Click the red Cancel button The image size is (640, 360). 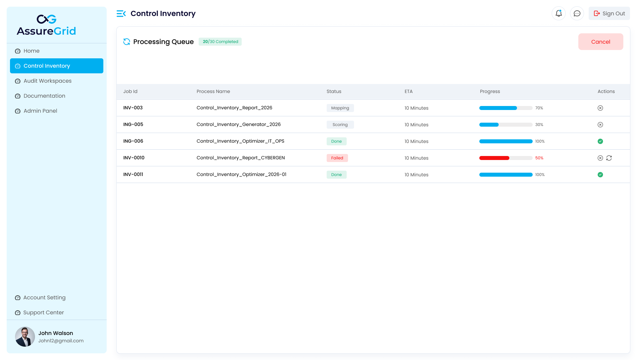(600, 42)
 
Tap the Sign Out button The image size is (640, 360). (609, 14)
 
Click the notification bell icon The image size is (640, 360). (559, 14)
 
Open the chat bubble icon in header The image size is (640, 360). (577, 14)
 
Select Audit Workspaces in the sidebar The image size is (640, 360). (47, 81)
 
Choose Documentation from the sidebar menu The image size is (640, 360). (44, 96)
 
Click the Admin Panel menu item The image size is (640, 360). (40, 111)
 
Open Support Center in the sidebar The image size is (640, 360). (43, 313)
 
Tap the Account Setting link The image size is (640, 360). (44, 298)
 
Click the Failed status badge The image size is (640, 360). (337, 158)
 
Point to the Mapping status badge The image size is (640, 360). (340, 108)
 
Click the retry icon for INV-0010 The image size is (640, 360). (609, 158)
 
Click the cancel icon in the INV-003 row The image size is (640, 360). (600, 108)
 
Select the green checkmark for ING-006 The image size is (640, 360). (600, 141)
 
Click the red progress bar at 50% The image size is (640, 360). (494, 158)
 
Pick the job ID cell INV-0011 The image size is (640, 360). (133, 175)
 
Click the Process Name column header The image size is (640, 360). (213, 92)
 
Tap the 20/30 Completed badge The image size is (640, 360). (220, 42)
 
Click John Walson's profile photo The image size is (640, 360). (25, 337)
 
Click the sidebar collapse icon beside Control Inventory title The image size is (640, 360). (121, 14)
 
